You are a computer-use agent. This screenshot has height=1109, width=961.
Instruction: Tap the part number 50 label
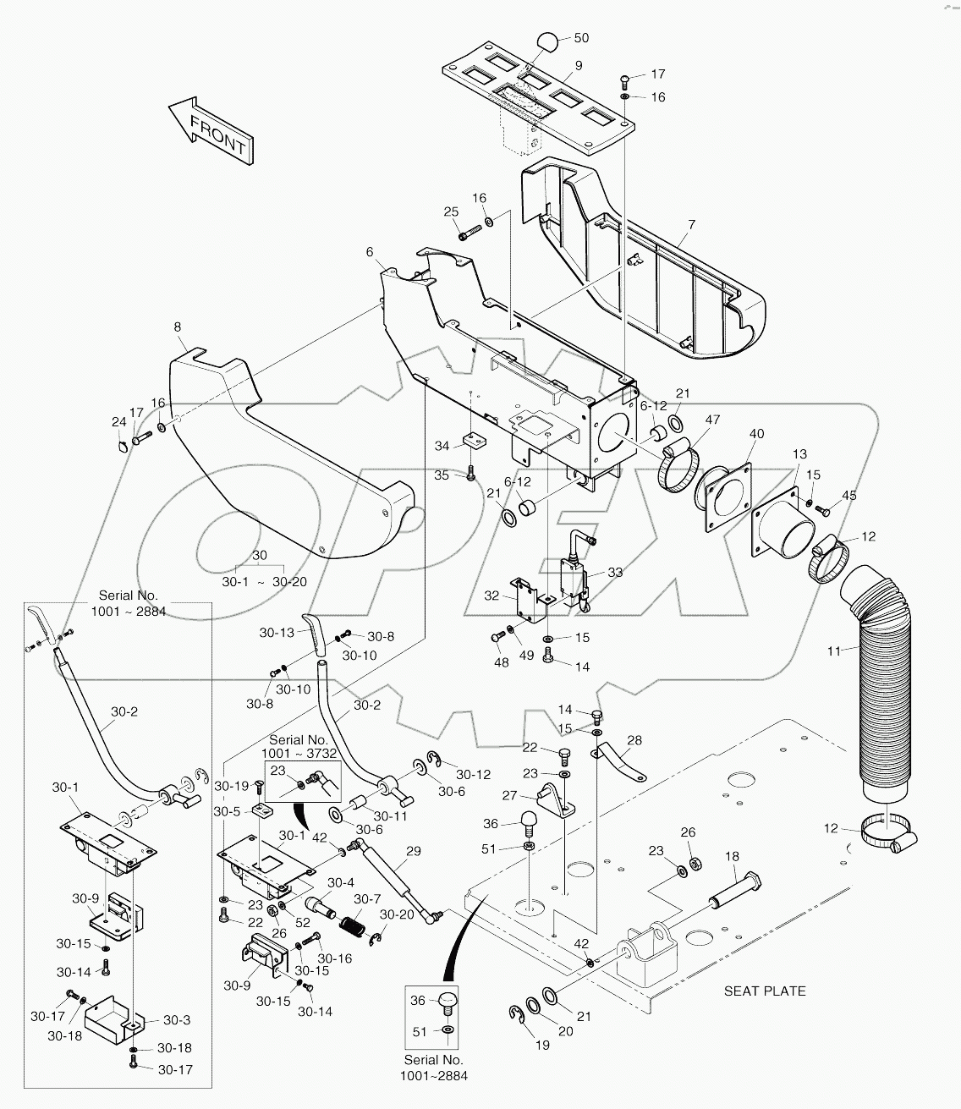click(581, 38)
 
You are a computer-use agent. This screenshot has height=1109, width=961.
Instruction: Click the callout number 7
click(691, 224)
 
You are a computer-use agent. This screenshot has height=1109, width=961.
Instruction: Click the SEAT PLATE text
click(765, 991)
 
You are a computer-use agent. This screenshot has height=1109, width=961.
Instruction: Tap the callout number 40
click(756, 434)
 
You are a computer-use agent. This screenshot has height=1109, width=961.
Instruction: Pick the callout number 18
click(732, 856)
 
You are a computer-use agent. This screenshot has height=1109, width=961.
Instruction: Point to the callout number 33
click(615, 573)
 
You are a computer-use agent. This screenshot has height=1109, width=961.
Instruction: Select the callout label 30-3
click(176, 1019)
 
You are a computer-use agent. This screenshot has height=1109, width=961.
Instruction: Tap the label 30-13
click(277, 632)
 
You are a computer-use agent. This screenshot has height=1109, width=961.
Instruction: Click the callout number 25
click(451, 211)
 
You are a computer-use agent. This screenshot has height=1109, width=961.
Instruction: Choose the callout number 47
click(712, 420)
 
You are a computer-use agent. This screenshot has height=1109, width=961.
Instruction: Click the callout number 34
click(442, 446)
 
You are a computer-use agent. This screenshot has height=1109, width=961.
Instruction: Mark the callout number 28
click(634, 740)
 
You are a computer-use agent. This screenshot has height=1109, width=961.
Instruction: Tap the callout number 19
click(542, 1045)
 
